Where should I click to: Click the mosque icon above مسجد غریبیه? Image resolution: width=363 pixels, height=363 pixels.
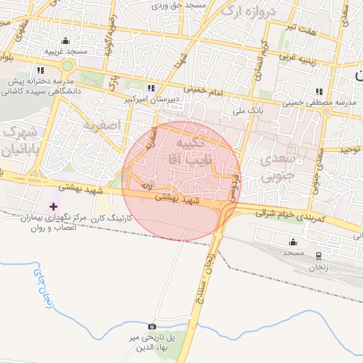tap(66, 41)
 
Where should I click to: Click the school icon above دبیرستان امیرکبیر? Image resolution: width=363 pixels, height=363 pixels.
tap(150, 88)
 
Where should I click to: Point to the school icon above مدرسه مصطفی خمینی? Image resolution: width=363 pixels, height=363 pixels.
tap(319, 91)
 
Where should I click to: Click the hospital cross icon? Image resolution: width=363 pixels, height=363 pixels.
tap(53, 206)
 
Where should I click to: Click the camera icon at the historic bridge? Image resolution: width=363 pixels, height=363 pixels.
tap(151, 325)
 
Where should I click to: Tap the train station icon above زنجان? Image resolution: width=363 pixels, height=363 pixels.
tap(318, 256)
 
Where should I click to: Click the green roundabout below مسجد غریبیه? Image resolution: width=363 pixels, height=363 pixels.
tap(67, 66)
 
